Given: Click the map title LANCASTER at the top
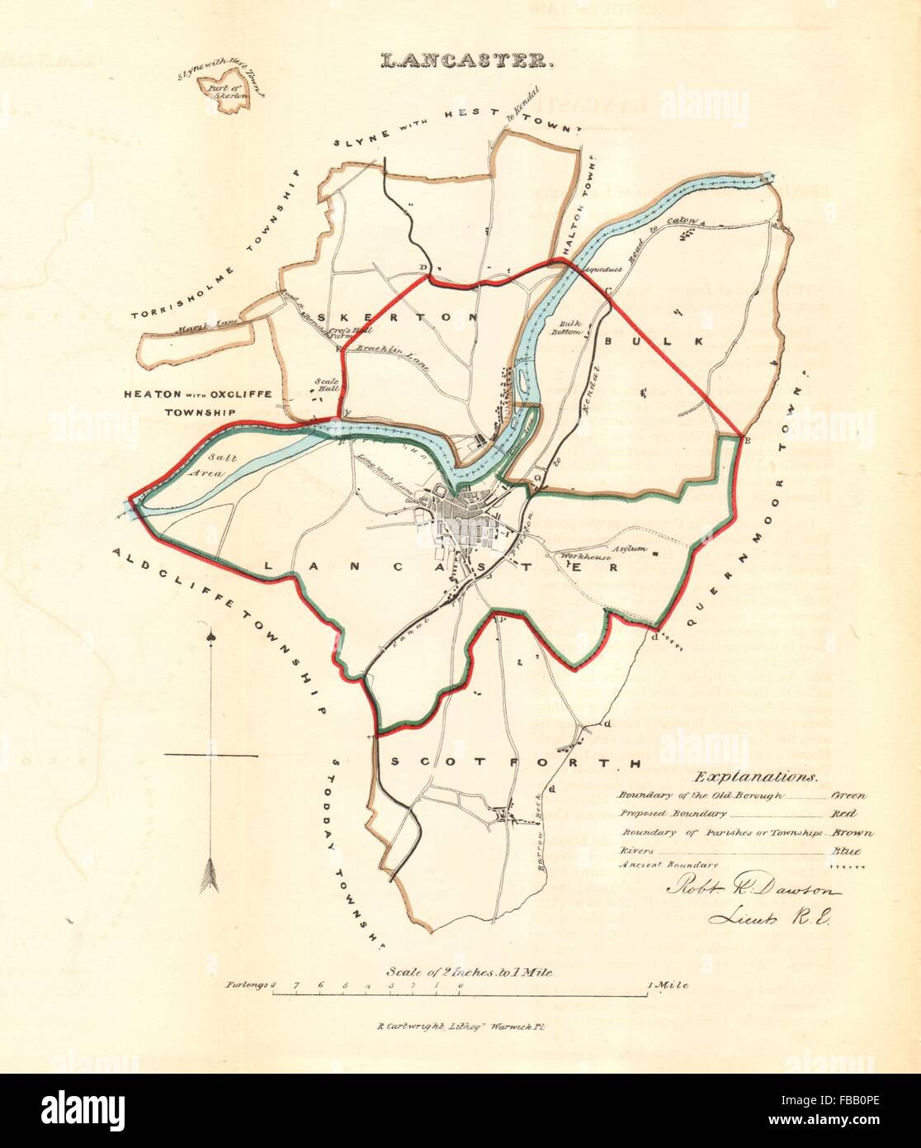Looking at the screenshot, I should (460, 60).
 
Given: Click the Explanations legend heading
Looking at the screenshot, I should (755, 776).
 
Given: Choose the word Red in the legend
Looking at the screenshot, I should (846, 814).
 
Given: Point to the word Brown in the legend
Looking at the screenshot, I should (852, 833).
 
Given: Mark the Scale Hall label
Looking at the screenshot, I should (324, 387).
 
